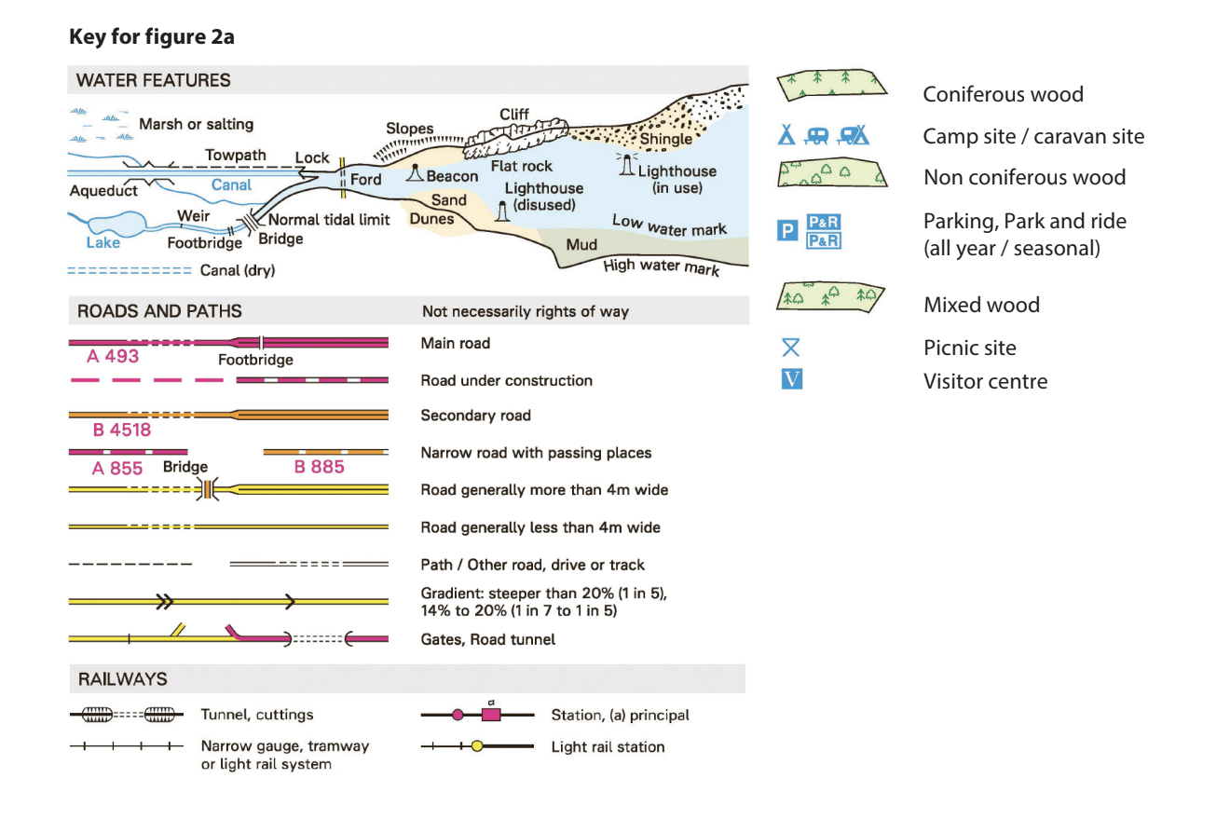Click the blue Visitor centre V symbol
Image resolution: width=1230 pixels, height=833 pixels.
click(791, 380)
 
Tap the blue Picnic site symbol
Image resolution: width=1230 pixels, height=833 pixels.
click(791, 348)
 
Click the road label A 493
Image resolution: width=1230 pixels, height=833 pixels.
click(113, 357)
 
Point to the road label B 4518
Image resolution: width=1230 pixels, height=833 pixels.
click(121, 430)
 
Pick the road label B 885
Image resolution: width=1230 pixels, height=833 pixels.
click(319, 467)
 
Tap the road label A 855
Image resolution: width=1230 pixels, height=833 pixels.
click(117, 468)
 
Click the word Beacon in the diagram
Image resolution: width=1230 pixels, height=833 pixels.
click(452, 176)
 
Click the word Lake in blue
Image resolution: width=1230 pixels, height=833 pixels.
click(102, 243)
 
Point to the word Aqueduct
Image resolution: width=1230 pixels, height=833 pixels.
click(103, 191)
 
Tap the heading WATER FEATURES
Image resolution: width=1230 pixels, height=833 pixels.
click(154, 80)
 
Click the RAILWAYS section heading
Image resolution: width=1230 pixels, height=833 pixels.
click(122, 679)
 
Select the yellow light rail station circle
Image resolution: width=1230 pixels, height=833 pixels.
click(477, 746)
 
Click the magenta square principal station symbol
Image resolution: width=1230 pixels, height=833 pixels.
click(491, 714)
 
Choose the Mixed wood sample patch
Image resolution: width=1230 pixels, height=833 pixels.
click(830, 296)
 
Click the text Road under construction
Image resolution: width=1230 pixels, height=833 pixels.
click(506, 380)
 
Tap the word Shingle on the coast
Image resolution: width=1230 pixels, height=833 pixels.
click(666, 139)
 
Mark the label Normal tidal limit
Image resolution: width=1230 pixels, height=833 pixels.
click(329, 221)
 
